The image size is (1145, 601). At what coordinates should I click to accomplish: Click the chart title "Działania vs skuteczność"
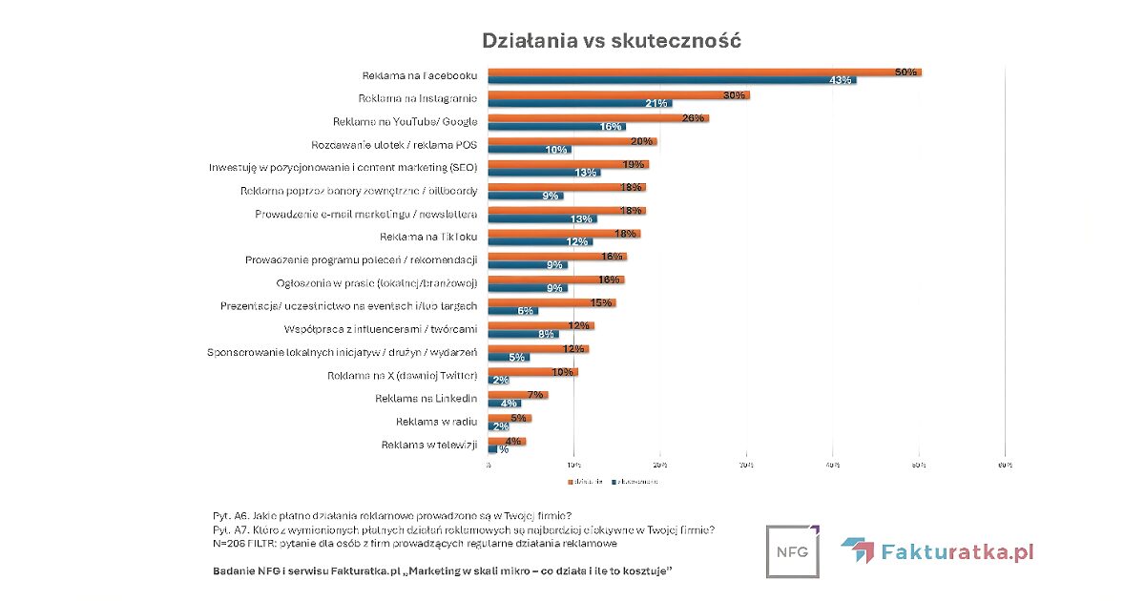coord(612,41)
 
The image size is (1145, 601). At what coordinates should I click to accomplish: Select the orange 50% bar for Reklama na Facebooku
coord(704,72)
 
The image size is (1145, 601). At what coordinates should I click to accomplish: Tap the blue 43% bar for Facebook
coord(672,80)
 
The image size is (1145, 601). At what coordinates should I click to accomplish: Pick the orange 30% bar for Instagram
coord(618,95)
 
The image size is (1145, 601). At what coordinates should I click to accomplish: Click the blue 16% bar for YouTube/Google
coord(557,126)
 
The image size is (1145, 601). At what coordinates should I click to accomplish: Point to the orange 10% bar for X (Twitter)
coord(532,371)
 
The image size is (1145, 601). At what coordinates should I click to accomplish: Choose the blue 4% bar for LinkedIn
coord(504,403)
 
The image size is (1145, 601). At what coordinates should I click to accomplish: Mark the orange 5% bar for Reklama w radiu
coord(510,418)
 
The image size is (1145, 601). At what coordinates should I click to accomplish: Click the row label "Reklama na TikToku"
coord(429,236)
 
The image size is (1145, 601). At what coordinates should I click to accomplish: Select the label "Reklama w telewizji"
coord(429,445)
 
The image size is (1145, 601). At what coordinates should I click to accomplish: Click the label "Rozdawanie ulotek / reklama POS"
coord(394,145)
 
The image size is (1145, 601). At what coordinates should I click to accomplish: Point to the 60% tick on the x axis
coord(1004,465)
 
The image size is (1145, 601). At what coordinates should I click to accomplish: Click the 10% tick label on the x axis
coord(572,465)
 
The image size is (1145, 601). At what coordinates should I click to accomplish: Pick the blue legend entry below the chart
coord(635,482)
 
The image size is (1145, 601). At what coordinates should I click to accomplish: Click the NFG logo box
coord(793,550)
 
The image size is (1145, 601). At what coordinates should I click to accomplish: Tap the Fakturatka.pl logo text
coord(958,551)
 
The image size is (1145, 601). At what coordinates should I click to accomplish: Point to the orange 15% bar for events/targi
coord(552,302)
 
